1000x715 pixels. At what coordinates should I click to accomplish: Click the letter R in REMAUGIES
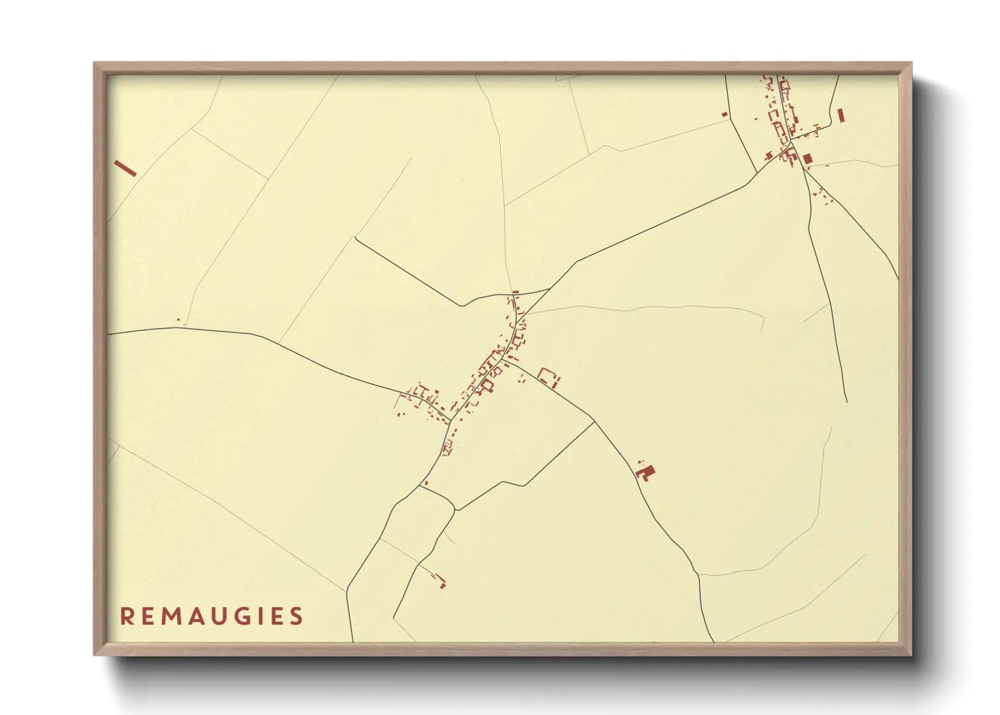(x=126, y=616)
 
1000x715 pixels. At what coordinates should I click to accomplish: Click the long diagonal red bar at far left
(x=126, y=168)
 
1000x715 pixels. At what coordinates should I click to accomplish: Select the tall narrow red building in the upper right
(x=841, y=116)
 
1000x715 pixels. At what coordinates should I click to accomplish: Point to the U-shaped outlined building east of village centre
(x=549, y=377)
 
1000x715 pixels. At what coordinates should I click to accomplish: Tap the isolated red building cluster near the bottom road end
(x=441, y=581)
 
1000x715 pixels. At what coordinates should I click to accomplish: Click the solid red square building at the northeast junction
(x=807, y=159)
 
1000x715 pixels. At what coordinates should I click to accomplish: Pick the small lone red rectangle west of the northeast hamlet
(x=725, y=114)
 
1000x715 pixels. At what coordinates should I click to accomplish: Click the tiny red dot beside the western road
(x=178, y=320)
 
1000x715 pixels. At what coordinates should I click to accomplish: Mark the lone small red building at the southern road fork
(x=426, y=483)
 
